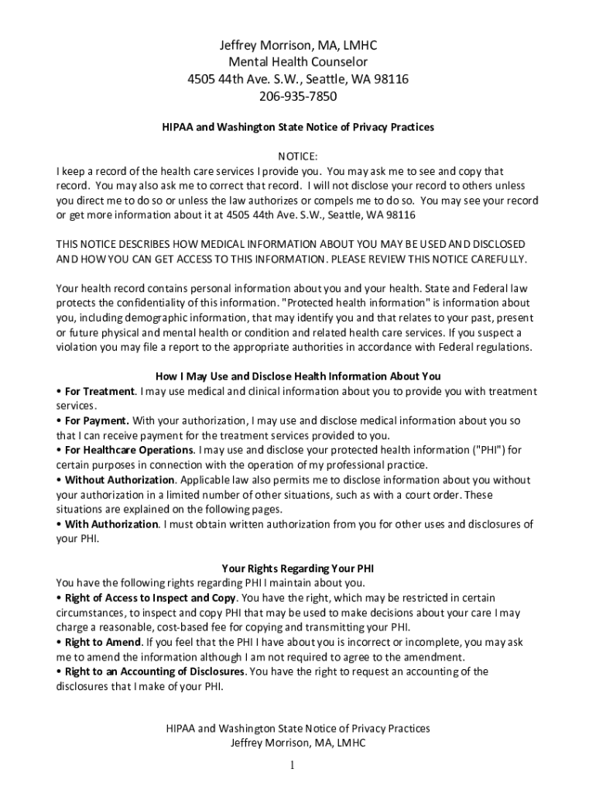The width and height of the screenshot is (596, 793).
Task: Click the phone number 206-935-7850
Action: (298, 97)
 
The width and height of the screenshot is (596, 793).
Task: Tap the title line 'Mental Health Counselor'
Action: (298, 61)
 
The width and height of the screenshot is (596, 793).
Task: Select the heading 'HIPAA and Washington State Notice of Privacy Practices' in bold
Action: (297, 126)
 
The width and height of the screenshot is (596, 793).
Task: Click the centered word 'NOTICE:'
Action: (298, 156)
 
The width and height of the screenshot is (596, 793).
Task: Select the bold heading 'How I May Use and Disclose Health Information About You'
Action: (298, 376)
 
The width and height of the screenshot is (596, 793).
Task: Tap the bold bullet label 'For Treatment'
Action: (100, 391)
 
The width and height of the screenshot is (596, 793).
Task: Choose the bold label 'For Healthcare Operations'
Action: (129, 450)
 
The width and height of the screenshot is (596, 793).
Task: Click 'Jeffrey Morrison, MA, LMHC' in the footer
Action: (298, 743)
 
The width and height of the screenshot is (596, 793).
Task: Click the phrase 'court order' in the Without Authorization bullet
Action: (432, 494)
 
